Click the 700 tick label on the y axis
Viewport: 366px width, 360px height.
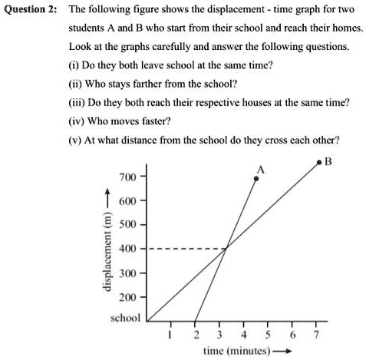tap(127, 177)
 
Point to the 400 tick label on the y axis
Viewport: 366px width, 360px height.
tap(127, 249)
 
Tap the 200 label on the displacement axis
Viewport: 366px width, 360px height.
tap(127, 297)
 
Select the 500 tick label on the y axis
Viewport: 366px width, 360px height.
tap(127, 226)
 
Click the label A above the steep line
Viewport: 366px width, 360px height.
tap(260, 169)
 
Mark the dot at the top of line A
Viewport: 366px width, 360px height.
tap(256, 179)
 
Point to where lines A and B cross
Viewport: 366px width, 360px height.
tap(225, 249)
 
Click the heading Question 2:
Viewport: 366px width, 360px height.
tap(29, 10)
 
